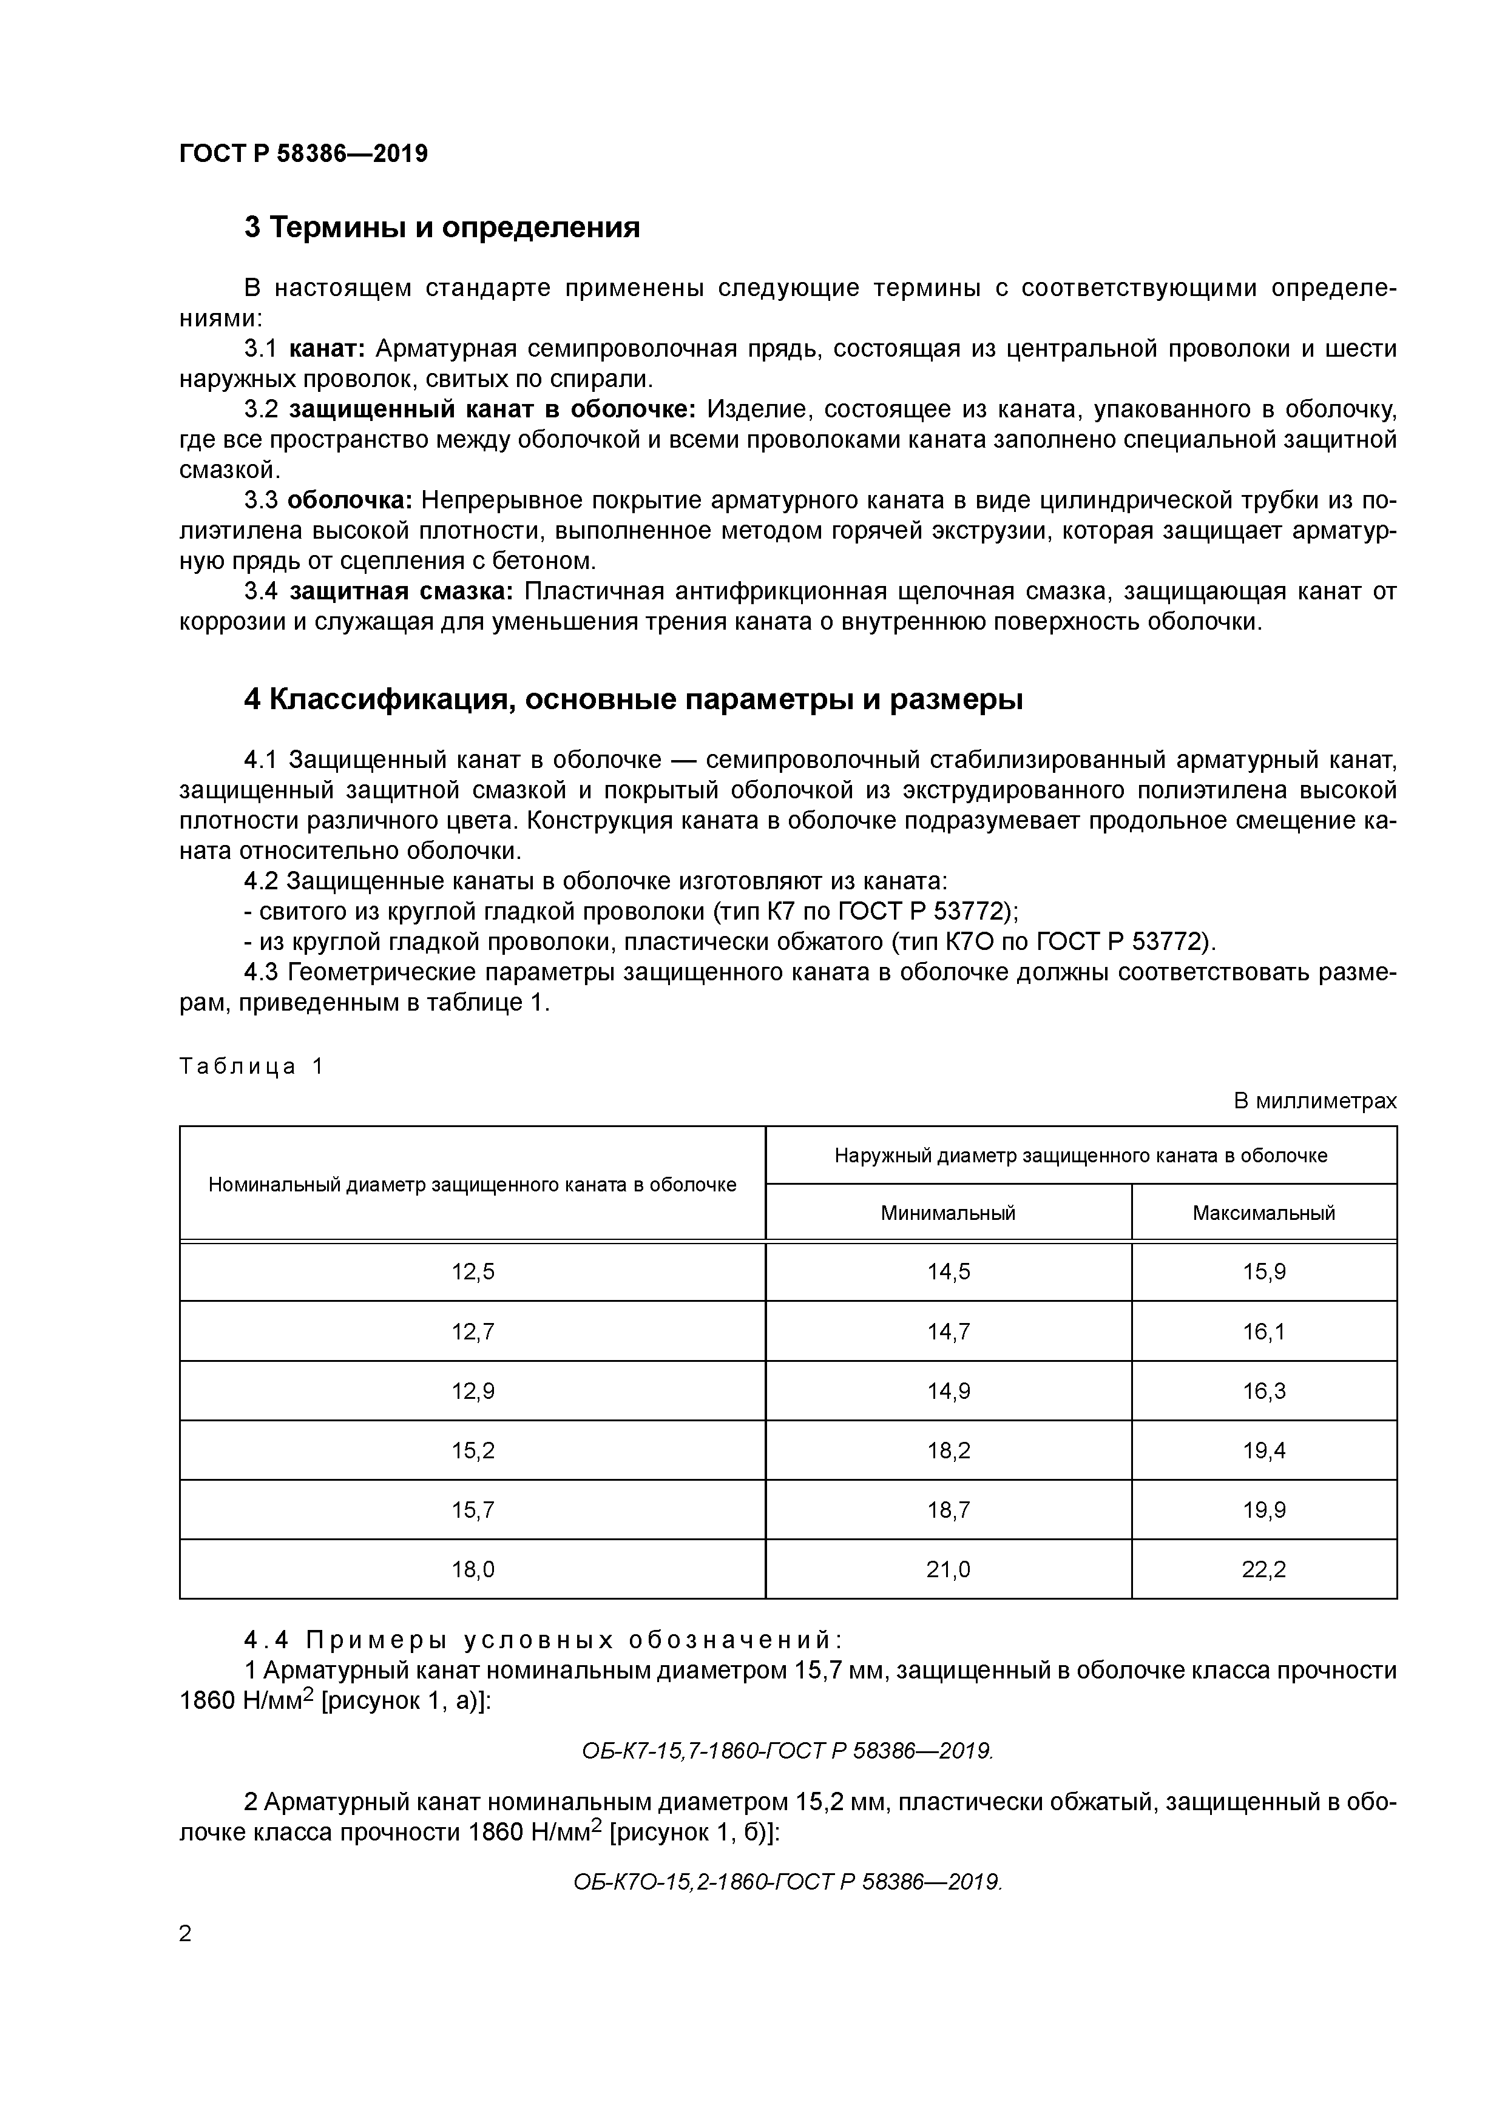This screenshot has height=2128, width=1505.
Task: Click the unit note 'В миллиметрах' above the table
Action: click(1314, 1101)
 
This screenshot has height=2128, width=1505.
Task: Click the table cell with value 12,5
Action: click(473, 1273)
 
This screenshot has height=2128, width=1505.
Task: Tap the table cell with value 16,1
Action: click(1264, 1332)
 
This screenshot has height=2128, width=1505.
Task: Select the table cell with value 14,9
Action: click(948, 1391)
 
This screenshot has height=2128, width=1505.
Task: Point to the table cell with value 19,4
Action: click(1264, 1450)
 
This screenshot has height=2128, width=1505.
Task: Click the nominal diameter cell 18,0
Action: click(473, 1569)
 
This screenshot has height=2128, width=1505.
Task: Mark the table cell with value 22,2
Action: click(1264, 1569)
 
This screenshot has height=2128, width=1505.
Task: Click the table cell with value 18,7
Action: click(948, 1510)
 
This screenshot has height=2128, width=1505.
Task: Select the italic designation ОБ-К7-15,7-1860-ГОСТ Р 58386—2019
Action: click(787, 1750)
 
